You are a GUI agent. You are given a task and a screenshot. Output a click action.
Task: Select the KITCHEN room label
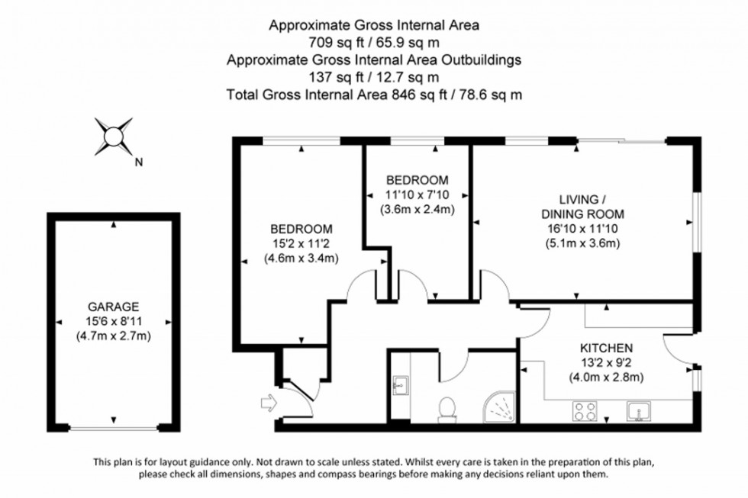[x=607, y=346]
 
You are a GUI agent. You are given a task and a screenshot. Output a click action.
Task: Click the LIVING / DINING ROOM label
[x=582, y=207]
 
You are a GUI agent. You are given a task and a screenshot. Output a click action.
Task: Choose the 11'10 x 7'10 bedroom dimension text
[x=417, y=195]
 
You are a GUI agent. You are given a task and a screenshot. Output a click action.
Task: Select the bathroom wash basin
[x=400, y=384]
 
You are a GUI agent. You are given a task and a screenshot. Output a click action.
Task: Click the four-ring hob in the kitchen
[x=585, y=411]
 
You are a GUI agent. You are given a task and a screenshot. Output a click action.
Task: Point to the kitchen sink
[x=637, y=412]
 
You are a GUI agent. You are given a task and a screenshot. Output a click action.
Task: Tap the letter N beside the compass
[x=138, y=162]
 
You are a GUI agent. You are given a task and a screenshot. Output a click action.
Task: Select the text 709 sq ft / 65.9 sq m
[x=374, y=42]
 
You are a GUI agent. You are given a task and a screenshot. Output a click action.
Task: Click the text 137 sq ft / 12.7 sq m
[x=374, y=76]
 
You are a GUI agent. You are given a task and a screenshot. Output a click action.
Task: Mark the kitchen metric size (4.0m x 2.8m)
[x=607, y=377]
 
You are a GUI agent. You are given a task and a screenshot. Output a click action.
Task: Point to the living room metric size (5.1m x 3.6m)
[x=582, y=244]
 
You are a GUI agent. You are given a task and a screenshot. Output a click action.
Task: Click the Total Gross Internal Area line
[x=374, y=95]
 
